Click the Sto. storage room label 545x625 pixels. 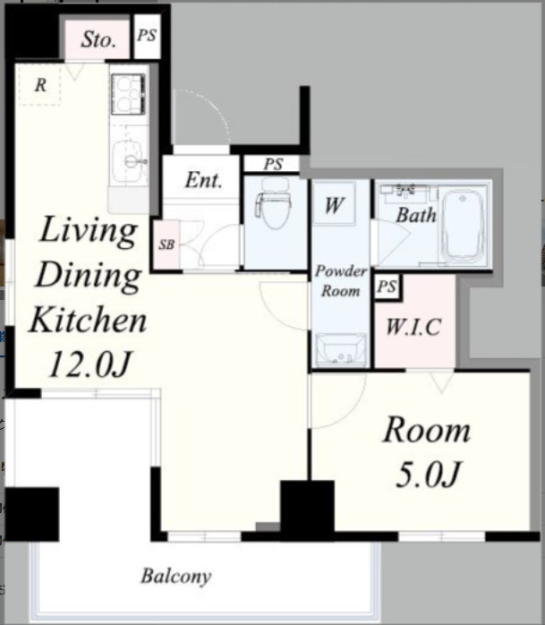[x=98, y=39]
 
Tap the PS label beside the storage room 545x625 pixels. [x=147, y=35]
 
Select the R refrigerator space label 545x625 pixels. [x=40, y=85]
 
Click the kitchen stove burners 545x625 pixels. [x=128, y=94]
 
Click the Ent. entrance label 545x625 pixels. [x=203, y=180]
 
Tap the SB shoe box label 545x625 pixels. [x=166, y=244]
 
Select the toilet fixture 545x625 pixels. [x=273, y=202]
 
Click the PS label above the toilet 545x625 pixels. [x=273, y=164]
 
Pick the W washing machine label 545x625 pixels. [x=334, y=205]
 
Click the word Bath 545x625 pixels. [x=416, y=215]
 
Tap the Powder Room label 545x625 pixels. [x=341, y=281]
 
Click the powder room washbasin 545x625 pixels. [x=341, y=349]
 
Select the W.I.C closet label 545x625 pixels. [x=413, y=327]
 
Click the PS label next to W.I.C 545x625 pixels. [x=387, y=287]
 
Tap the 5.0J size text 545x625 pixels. [x=428, y=474]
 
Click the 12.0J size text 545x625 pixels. [x=89, y=364]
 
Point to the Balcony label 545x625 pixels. [x=175, y=576]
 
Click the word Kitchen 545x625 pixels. [x=89, y=319]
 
